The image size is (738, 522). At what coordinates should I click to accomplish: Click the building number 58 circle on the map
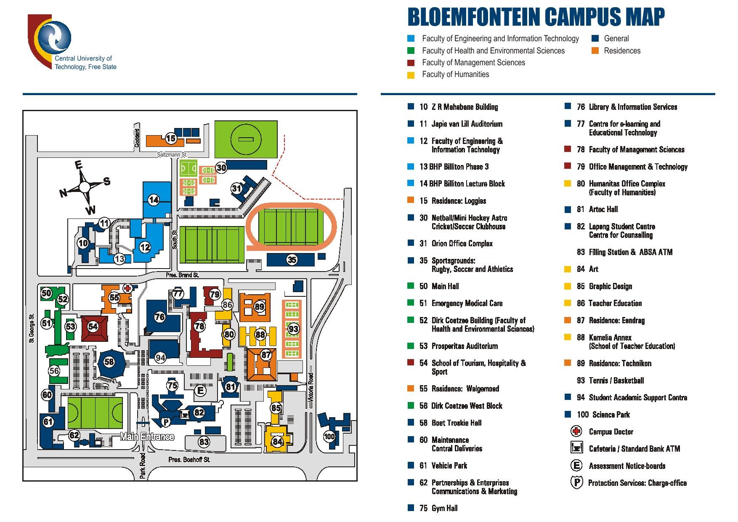point(109,361)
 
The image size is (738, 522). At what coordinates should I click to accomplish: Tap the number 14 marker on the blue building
point(154,200)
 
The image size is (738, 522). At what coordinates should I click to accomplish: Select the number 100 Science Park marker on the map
point(329,436)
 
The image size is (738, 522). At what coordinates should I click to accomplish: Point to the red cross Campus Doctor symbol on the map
point(127,288)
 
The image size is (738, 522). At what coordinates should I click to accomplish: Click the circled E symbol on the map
point(200,391)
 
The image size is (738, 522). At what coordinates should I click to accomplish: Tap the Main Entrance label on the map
point(147,437)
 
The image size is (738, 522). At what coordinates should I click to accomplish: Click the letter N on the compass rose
point(64,194)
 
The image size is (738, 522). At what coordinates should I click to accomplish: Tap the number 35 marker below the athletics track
point(292,260)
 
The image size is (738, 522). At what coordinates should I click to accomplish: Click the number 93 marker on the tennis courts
point(293,329)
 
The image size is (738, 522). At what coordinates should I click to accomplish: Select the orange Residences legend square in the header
point(595,51)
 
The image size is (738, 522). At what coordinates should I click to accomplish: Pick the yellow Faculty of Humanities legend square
point(411,75)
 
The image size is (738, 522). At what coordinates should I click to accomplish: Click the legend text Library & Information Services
point(633,107)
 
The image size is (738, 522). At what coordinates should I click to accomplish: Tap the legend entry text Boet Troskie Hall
point(457,423)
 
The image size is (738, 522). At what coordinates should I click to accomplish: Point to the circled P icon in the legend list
point(576,482)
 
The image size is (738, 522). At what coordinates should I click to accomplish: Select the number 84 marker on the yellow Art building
point(277,442)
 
